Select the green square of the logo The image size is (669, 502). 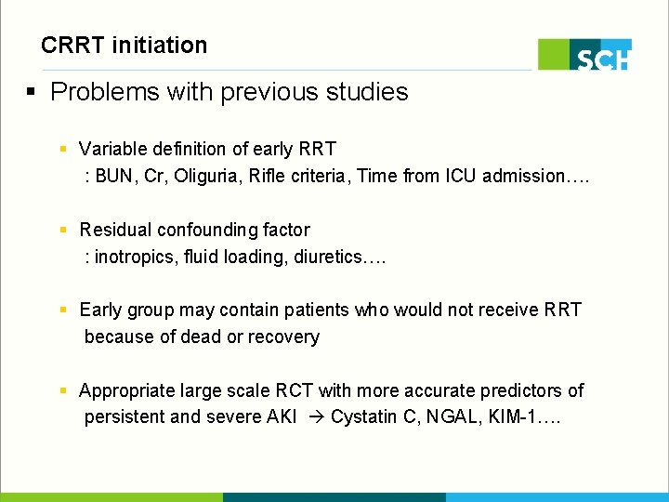(554, 54)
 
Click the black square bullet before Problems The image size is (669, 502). (31, 92)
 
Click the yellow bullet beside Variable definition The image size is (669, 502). (62, 150)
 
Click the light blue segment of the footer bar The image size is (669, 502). (557, 497)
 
